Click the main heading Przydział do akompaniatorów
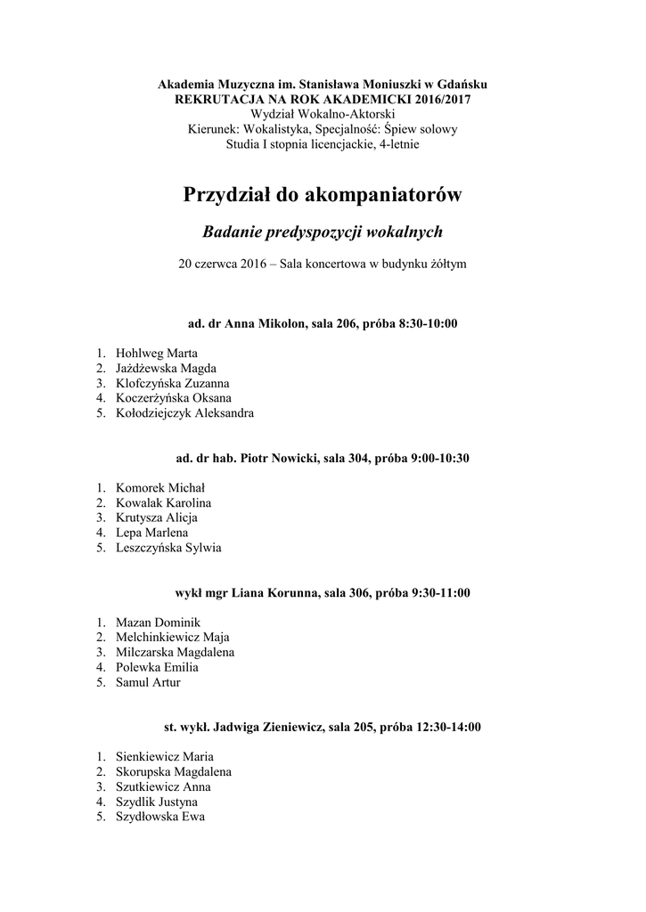(323, 194)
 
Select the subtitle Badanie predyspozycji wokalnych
(323, 232)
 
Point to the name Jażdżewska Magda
(166, 368)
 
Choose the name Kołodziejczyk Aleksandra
(184, 413)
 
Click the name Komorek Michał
(160, 487)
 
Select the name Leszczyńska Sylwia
(168, 548)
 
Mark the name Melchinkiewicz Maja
(172, 637)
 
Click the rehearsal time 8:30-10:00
(427, 323)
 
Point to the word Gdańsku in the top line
(464, 84)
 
